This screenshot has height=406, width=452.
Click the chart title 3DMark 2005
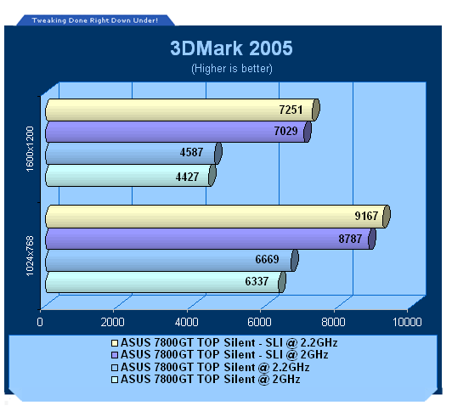(x=231, y=48)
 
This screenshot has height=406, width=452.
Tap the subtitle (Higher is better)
(x=232, y=69)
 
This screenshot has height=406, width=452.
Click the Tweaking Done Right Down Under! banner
(x=95, y=20)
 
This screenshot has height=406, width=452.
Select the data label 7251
(x=291, y=110)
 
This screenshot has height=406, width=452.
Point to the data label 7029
(x=285, y=131)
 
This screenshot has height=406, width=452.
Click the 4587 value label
(x=191, y=152)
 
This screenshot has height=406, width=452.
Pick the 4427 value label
(x=187, y=177)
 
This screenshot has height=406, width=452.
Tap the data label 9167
(x=366, y=216)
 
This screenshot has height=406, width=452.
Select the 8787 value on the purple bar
(x=350, y=239)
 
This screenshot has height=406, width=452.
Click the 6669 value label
(x=268, y=259)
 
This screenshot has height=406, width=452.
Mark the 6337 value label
(x=257, y=281)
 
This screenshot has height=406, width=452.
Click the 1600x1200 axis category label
(x=30, y=149)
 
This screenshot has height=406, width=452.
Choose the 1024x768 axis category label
(x=30, y=256)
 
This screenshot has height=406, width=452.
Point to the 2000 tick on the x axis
(x=113, y=322)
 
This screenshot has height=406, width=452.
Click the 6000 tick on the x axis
(x=259, y=322)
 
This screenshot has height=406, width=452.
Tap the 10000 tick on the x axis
(x=407, y=322)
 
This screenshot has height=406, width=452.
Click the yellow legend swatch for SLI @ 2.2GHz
(x=115, y=343)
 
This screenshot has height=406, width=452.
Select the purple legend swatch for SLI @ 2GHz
(x=115, y=355)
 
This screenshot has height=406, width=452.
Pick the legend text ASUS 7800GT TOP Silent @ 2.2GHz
(x=215, y=368)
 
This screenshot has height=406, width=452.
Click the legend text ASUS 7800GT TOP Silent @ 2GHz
(x=211, y=379)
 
